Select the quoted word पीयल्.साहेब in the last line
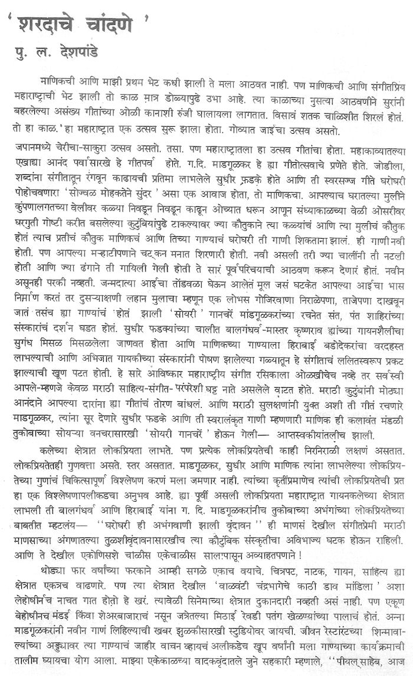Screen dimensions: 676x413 (x=363, y=668)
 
